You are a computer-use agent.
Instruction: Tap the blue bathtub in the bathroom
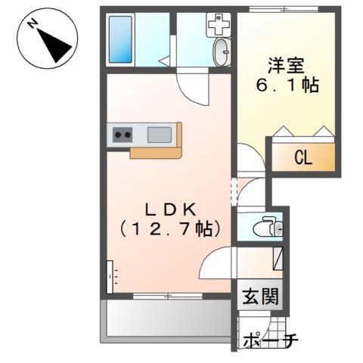120,38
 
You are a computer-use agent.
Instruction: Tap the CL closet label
302,158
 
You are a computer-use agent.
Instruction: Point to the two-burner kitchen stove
122,135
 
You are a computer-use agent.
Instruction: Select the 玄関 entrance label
260,296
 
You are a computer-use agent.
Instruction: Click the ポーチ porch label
269,342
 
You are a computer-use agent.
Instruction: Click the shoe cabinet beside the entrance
276,260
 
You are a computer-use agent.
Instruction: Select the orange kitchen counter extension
155,152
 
